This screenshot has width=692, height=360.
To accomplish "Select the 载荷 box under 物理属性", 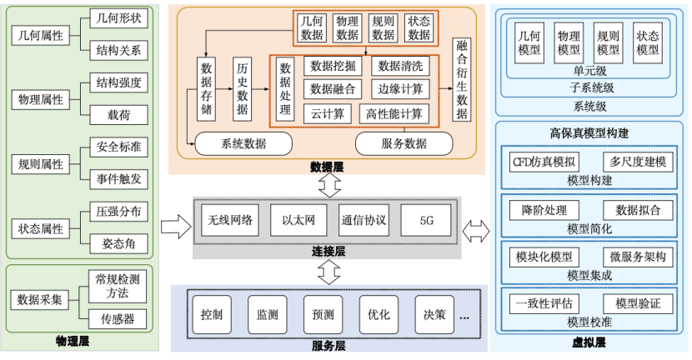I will click(118, 114).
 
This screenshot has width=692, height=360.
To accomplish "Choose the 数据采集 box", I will click(41, 300).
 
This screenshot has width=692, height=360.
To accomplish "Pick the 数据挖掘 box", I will click(333, 65).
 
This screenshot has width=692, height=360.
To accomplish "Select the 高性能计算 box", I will click(394, 113).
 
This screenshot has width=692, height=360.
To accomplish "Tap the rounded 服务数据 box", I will click(404, 143).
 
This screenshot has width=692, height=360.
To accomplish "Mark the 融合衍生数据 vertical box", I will click(463, 80).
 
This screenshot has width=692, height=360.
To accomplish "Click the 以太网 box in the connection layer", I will click(298, 220).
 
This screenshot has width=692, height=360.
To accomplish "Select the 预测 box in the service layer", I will click(323, 315).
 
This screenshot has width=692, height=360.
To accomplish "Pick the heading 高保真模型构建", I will click(589, 133).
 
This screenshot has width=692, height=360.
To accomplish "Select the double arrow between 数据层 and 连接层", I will click(329, 185).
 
